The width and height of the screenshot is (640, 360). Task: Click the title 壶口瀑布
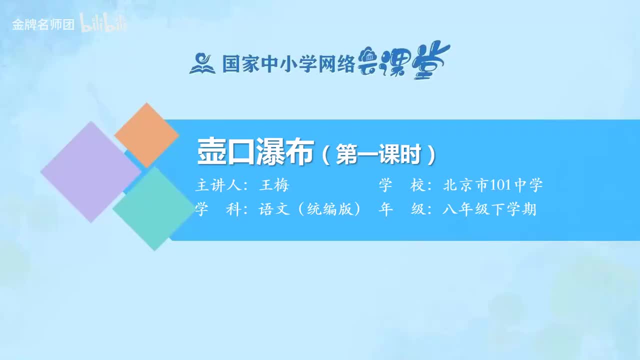255,152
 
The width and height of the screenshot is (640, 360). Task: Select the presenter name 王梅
274,186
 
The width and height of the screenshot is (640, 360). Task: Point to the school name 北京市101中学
492,186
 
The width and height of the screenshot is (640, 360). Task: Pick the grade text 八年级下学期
489,209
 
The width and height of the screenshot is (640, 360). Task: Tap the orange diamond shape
146,135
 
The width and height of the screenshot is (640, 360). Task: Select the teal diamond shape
154,208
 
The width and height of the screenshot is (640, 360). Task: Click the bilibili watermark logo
103,24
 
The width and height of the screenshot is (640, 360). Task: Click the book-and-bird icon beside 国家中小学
202,63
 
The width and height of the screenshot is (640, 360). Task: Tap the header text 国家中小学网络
288,64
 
